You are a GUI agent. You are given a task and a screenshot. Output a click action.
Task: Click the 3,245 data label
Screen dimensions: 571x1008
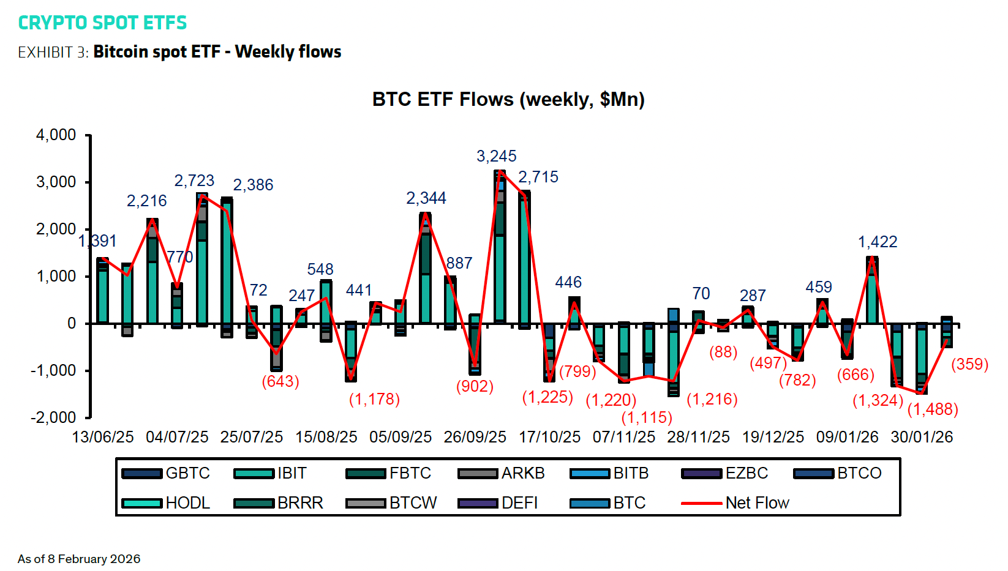click(496, 156)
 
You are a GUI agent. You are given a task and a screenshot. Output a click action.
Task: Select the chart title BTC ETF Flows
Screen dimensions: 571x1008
click(508, 99)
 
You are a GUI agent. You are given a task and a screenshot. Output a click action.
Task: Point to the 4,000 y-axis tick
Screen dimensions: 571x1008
click(56, 135)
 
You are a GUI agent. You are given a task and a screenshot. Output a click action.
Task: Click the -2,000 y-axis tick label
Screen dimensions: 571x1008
click(54, 417)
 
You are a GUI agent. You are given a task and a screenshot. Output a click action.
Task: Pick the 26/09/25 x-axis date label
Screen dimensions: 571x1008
click(475, 437)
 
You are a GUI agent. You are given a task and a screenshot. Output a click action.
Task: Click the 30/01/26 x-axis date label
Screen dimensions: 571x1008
click(922, 437)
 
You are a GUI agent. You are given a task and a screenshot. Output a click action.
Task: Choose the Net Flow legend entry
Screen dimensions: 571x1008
click(757, 503)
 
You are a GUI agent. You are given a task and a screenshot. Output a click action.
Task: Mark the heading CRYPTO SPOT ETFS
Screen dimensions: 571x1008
click(102, 23)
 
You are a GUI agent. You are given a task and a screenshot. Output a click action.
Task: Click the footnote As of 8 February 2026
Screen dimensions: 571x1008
click(79, 559)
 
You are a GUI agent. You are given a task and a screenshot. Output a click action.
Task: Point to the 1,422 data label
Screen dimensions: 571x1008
click(877, 242)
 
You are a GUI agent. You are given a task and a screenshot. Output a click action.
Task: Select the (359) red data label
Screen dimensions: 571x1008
click(969, 364)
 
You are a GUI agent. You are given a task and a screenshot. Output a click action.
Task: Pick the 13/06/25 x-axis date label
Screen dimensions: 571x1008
click(102, 437)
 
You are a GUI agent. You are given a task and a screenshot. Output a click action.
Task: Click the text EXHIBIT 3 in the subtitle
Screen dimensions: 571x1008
click(52, 53)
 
